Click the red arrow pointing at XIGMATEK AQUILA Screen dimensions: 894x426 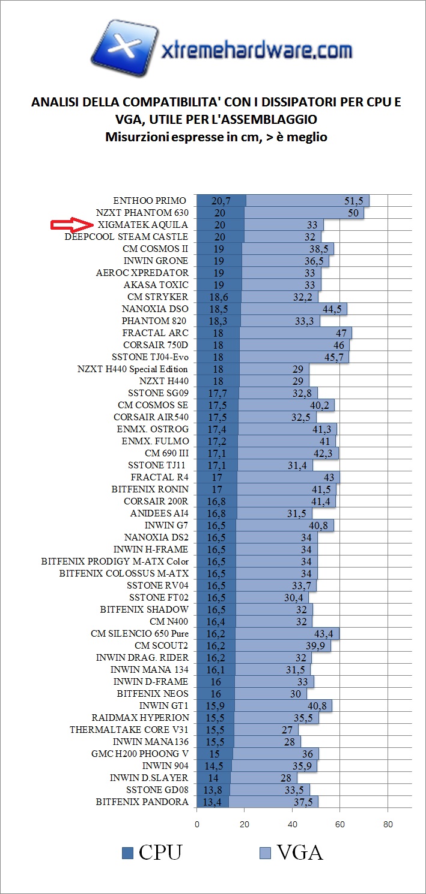point(70,225)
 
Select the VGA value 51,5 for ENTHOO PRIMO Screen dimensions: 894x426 point(354,201)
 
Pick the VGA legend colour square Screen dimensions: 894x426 point(265,853)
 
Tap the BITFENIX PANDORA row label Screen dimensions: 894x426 point(142,802)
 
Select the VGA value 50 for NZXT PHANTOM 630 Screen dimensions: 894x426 point(350,213)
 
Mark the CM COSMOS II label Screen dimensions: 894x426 point(155,249)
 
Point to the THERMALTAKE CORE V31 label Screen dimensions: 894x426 point(129,730)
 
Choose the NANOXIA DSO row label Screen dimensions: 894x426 point(155,309)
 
